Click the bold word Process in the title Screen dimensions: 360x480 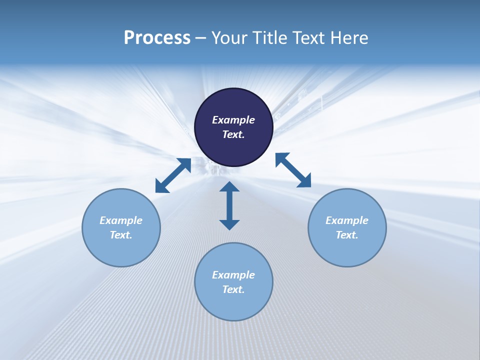pos(157,38)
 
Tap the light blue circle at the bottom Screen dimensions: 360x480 pos(233,305)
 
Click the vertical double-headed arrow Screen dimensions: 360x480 pos(229,205)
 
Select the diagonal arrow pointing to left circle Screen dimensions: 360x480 pos(173,175)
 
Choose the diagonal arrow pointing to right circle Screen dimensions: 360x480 pos(293,170)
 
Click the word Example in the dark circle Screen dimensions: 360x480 pos(233,120)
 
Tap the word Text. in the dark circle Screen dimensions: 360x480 pos(233,134)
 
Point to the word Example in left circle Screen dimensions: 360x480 pos(121,220)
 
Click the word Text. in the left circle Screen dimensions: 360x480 pos(121,235)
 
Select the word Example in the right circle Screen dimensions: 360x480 pos(347,220)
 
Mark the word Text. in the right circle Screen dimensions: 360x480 pos(347,235)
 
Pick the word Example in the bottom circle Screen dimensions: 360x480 pos(233,275)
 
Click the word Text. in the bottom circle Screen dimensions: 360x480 pos(233,289)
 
